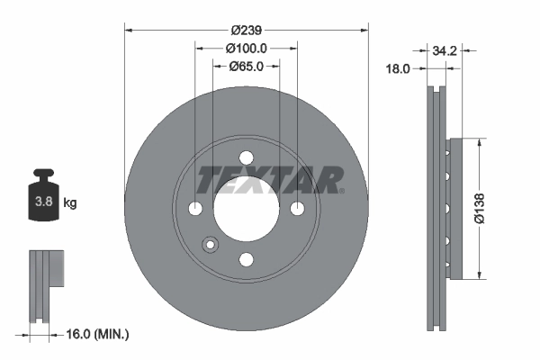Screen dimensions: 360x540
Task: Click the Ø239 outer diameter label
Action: (x=246, y=29)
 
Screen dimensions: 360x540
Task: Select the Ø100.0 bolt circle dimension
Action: (x=246, y=48)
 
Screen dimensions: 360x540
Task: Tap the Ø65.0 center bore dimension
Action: (x=246, y=66)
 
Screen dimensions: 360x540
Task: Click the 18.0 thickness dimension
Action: (x=397, y=68)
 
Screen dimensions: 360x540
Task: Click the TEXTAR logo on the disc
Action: (x=269, y=179)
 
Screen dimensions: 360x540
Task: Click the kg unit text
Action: (x=70, y=203)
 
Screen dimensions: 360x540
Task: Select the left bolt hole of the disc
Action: (x=196, y=209)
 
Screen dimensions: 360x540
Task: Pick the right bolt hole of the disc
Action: (x=296, y=209)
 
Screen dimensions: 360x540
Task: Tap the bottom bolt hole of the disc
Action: (x=246, y=259)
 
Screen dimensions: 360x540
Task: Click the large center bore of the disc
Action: (x=246, y=209)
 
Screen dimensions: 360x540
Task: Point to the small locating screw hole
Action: (x=211, y=243)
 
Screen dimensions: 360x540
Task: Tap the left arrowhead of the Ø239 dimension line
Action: (x=128, y=30)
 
